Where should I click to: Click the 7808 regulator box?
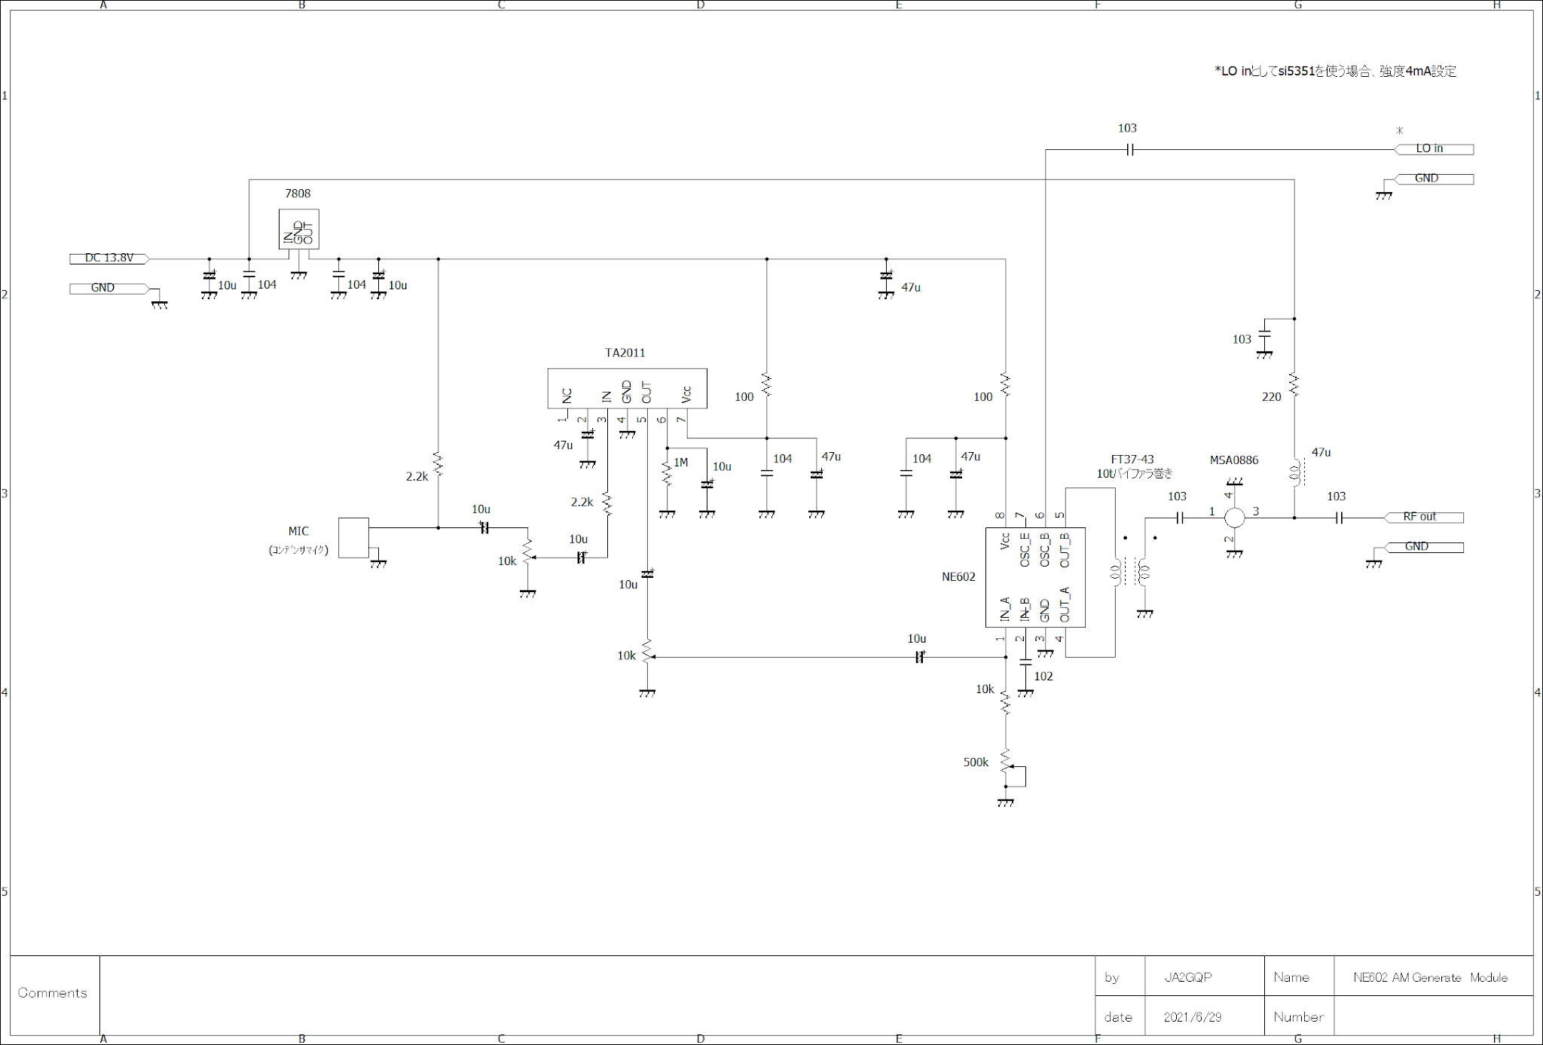coord(298,228)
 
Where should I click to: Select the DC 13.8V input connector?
coord(109,258)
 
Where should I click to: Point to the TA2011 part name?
coord(625,353)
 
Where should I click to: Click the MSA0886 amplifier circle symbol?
coord(1234,518)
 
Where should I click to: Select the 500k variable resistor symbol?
coord(1006,761)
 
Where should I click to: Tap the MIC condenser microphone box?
coord(353,537)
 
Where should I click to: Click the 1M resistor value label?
coord(680,463)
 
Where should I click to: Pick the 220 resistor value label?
coord(1271,397)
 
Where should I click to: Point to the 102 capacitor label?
coord(1043,677)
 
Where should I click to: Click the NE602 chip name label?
coord(958,577)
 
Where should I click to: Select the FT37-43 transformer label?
coord(1132,460)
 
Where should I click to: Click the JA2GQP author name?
coord(1187,977)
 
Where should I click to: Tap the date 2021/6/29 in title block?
coord(1192,1017)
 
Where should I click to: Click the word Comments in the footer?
coord(52,993)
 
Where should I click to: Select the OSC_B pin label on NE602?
coord(1044,550)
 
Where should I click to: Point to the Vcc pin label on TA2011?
coord(686,394)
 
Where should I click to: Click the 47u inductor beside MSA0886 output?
coord(1295,472)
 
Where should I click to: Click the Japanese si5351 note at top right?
coord(1334,72)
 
